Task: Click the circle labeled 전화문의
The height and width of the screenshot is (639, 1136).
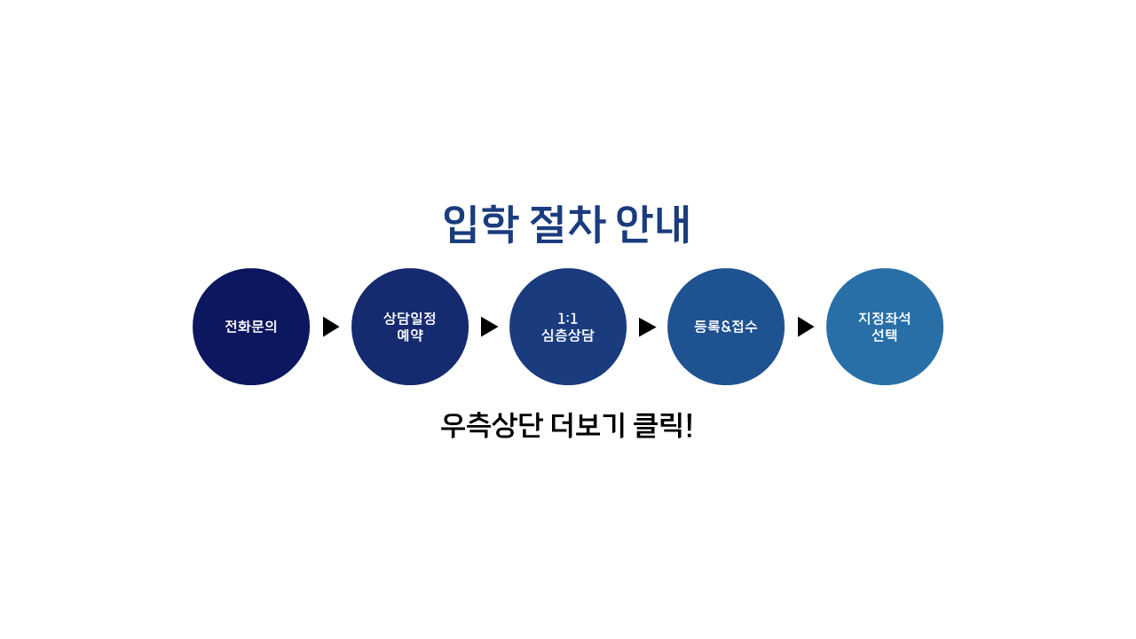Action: pyautogui.click(x=251, y=327)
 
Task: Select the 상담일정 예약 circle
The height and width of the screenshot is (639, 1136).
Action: pyautogui.click(x=410, y=327)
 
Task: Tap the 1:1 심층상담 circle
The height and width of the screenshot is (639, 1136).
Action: pyautogui.click(x=568, y=327)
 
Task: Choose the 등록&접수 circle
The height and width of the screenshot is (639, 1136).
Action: pyautogui.click(x=726, y=327)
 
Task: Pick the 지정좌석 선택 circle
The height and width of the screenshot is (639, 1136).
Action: pyautogui.click(x=885, y=327)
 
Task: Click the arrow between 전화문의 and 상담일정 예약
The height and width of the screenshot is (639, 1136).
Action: pyautogui.click(x=331, y=327)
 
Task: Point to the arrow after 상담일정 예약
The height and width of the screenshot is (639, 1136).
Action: pyautogui.click(x=489, y=327)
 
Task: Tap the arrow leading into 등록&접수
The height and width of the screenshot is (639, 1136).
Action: pyautogui.click(x=647, y=327)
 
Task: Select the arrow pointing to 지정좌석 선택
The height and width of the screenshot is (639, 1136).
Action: pyautogui.click(x=806, y=327)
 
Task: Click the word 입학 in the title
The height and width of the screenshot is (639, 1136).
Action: pyautogui.click(x=481, y=225)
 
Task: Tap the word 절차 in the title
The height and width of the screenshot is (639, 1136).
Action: pyautogui.click(x=567, y=225)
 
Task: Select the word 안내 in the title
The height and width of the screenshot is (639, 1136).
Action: pyautogui.click(x=653, y=225)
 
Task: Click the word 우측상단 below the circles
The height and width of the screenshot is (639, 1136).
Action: pyautogui.click(x=492, y=425)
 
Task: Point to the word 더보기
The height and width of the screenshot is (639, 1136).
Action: pyautogui.click(x=588, y=425)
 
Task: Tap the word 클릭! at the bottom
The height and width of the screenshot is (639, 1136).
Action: pyautogui.click(x=663, y=425)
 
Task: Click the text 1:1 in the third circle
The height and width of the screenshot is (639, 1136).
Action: pyautogui.click(x=567, y=319)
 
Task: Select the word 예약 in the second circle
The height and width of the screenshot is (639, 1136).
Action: pyautogui.click(x=410, y=335)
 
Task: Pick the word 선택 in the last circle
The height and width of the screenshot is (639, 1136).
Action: pyautogui.click(x=885, y=335)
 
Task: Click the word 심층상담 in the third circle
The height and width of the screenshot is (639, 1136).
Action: pyautogui.click(x=567, y=335)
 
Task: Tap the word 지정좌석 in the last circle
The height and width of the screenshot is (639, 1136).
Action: pyautogui.click(x=885, y=319)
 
